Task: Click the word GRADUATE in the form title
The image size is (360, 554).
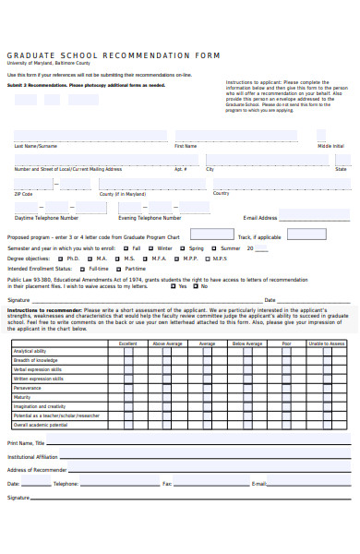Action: (30, 55)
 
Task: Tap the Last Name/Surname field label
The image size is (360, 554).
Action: (36, 146)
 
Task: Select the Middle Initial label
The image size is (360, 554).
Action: (330, 146)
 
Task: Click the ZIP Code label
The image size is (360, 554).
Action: (23, 194)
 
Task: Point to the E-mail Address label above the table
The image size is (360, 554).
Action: (259, 218)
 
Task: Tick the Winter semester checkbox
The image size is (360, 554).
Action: (150, 248)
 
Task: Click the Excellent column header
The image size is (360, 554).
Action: (128, 343)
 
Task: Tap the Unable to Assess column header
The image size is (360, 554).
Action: (327, 343)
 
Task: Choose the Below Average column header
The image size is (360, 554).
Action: (247, 343)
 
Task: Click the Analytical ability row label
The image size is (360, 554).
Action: (30, 352)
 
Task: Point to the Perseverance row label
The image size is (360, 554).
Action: (28, 389)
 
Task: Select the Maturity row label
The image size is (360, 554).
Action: (22, 398)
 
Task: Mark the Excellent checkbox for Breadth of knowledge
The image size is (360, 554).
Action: (128, 361)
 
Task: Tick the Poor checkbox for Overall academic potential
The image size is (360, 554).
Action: (287, 426)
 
